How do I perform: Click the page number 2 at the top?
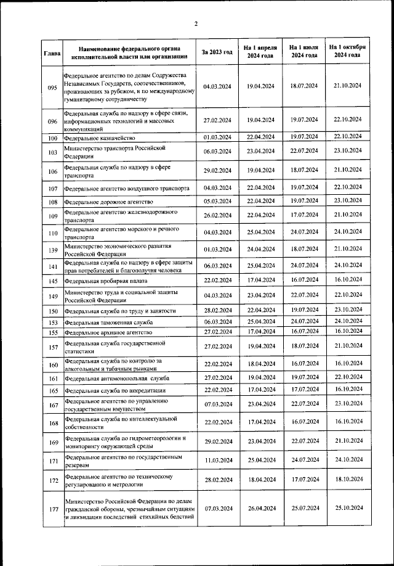[x=196, y=24]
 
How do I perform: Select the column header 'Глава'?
[x=52, y=52]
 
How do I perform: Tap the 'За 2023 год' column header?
[x=217, y=52]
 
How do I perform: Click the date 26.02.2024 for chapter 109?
[x=217, y=215]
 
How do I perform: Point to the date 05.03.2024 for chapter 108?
[x=217, y=201]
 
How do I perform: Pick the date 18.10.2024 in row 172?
[x=347, y=480]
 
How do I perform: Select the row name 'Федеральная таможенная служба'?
[x=108, y=322]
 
